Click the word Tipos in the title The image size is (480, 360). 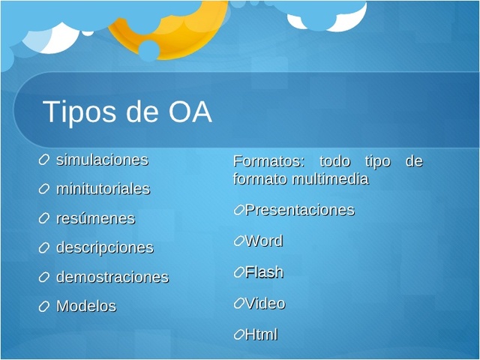coord(76,112)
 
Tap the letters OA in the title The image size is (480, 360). coord(190,112)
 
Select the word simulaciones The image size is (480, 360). coord(102,160)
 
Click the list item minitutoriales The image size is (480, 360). coord(103,189)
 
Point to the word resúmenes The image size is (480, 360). coord(95,219)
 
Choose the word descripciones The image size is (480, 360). coord(104,247)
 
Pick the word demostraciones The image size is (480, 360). coord(112,277)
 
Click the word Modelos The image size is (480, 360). coord(85,307)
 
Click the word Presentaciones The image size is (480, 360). coord(299,211)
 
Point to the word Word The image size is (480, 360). coord(263,241)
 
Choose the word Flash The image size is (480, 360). coord(264,272)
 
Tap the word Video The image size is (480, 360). coord(265,304)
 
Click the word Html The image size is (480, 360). coord(261,334)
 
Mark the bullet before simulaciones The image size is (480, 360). coord(44,160)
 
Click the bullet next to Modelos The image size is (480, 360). coord(44,307)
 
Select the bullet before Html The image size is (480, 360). coord(238,334)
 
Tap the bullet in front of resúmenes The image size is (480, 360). coord(44,219)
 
